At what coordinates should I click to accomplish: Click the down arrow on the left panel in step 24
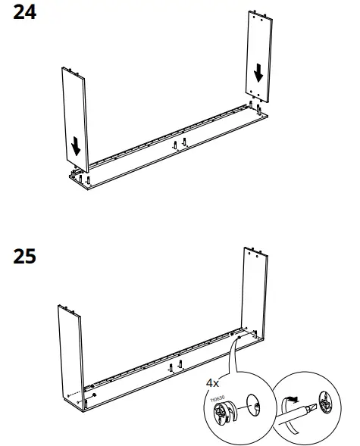[x=77, y=145]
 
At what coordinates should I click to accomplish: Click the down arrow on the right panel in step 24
[x=259, y=73]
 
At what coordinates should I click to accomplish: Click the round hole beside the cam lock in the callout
[x=255, y=408]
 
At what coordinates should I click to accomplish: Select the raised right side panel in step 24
[x=259, y=57]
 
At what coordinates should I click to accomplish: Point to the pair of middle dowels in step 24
[x=177, y=144]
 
